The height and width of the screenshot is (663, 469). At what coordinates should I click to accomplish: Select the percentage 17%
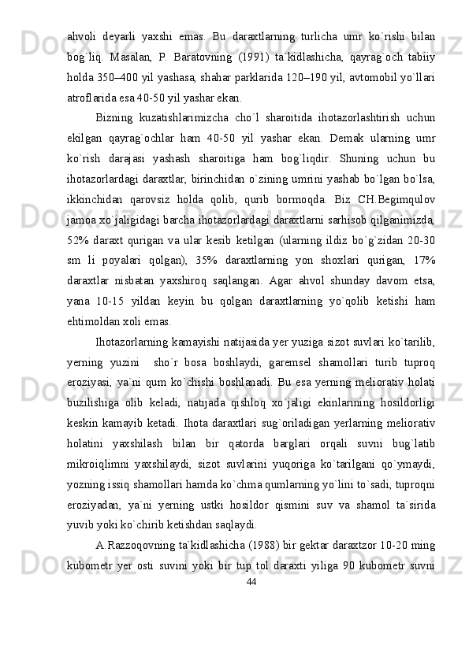pyautogui.click(x=421, y=236)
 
